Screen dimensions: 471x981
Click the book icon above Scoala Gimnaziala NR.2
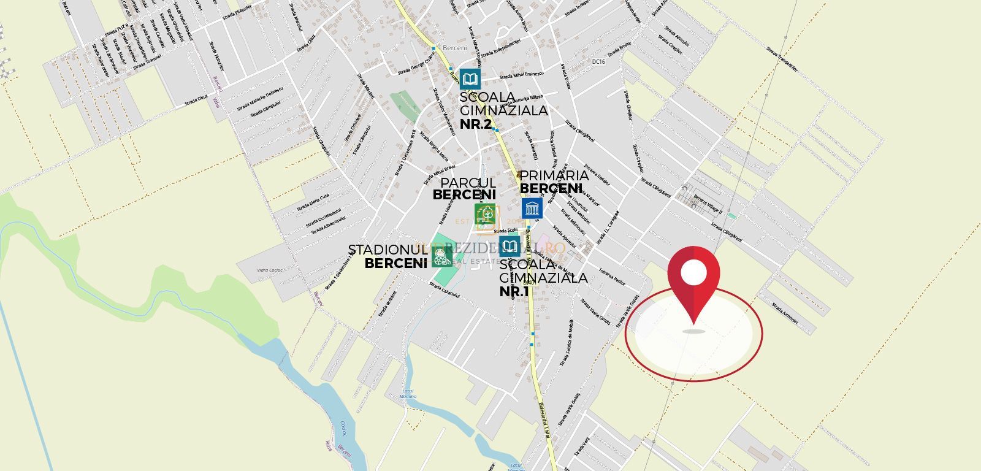[x=470, y=79]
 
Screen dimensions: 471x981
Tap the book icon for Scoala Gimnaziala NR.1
[x=510, y=246]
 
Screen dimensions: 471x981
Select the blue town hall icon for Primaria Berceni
[x=532, y=208]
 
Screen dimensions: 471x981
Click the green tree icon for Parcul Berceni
[x=485, y=213]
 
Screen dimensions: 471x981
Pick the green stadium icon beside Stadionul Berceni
[x=441, y=257]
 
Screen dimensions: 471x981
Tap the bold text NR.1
[x=514, y=291]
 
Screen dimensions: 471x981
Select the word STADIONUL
[x=387, y=250]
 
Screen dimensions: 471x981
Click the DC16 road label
[x=598, y=62]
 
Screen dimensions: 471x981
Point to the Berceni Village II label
[x=708, y=205]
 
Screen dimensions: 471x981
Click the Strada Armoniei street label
[x=785, y=312]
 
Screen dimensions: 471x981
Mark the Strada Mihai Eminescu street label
[x=522, y=75]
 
